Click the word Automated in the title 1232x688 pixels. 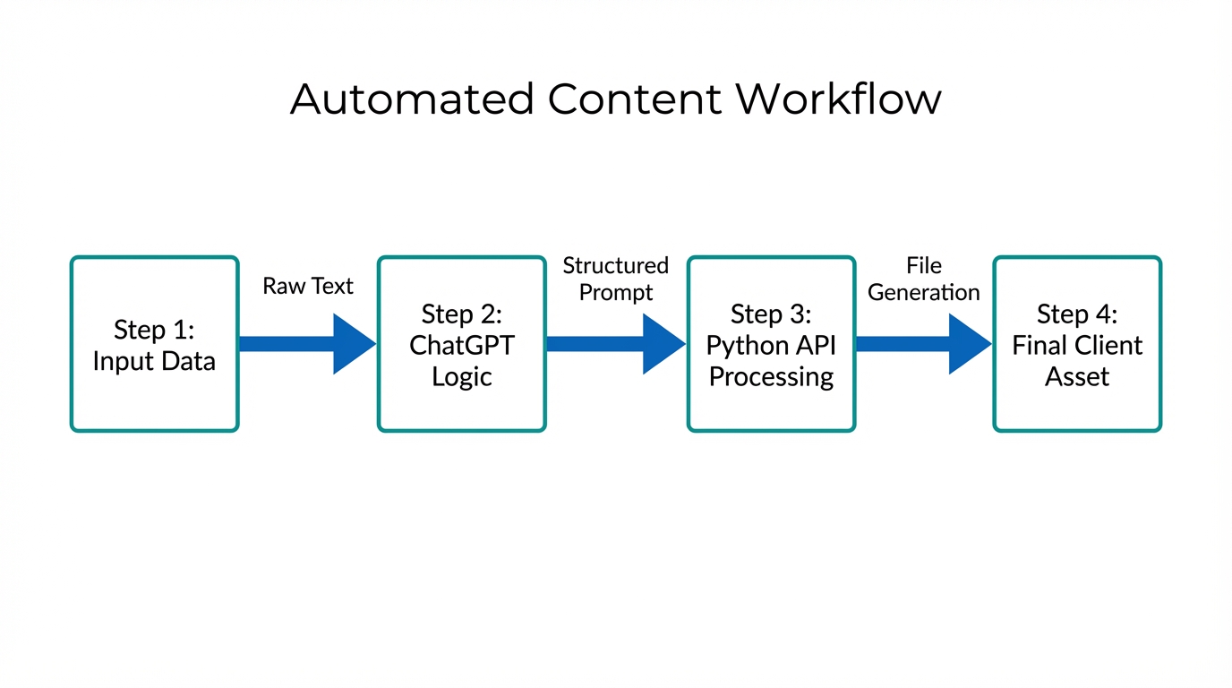(413, 99)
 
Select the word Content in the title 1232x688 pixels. (634, 99)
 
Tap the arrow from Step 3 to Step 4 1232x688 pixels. (923, 344)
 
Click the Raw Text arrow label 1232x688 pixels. (308, 286)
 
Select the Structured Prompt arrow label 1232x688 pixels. (616, 279)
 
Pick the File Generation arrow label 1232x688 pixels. (924, 279)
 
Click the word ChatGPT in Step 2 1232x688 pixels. (462, 346)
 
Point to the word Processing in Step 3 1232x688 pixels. (771, 377)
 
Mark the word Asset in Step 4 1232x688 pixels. (1077, 377)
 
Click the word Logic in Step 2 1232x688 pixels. (462, 377)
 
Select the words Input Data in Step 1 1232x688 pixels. (154, 362)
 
